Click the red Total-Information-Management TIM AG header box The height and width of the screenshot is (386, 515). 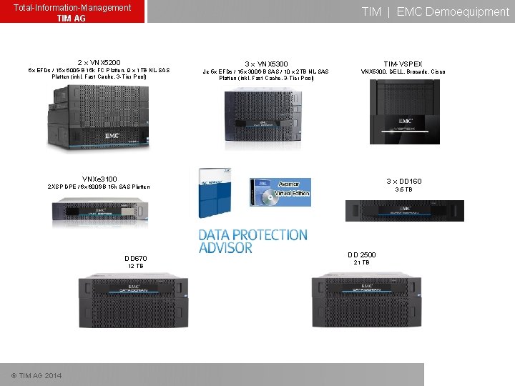(72, 11)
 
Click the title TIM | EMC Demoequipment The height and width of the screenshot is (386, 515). (435, 11)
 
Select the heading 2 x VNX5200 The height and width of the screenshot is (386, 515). (99, 62)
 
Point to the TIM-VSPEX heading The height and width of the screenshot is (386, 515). (403, 64)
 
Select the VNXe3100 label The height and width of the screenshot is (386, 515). (99, 179)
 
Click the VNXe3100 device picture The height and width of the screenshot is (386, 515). (99, 211)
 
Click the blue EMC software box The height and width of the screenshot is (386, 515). (215, 193)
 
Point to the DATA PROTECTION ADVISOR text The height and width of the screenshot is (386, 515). (252, 241)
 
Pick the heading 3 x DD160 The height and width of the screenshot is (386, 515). (403, 182)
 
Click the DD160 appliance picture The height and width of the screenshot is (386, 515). (404, 211)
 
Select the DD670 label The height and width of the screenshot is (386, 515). (136, 258)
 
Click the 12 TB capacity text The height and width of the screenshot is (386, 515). (136, 267)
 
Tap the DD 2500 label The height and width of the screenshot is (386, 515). (361, 254)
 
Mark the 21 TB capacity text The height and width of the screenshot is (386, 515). (361, 263)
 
